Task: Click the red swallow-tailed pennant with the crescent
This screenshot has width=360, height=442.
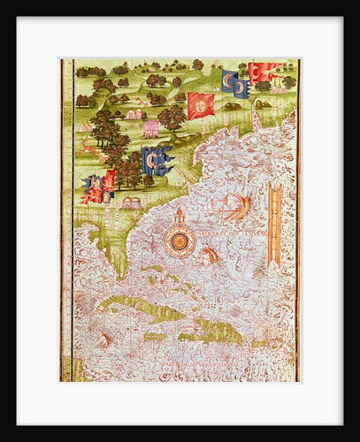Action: tap(264, 72)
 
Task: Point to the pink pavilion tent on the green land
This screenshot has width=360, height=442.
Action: tap(150, 128)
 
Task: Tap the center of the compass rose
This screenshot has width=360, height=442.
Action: tap(180, 240)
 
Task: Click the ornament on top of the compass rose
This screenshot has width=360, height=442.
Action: tap(180, 215)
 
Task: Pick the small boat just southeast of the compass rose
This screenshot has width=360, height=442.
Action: tap(211, 256)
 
